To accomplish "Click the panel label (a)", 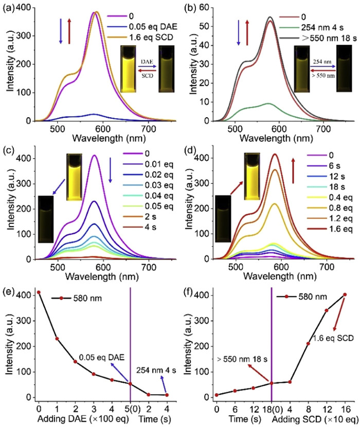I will tap(11, 7).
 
